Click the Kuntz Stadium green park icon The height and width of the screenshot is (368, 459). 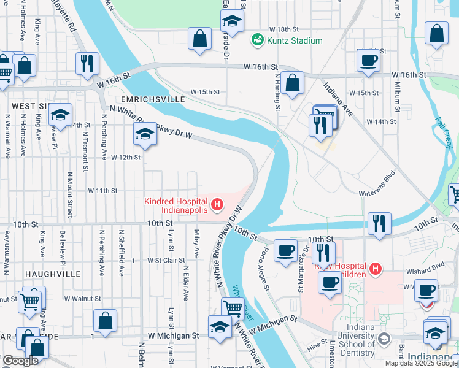(x=257, y=40)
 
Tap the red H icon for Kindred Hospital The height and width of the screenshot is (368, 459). (x=216, y=204)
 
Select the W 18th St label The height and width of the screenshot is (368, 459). (x=283, y=29)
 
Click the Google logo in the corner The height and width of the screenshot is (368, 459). (x=20, y=361)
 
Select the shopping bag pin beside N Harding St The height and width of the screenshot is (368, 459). (x=293, y=82)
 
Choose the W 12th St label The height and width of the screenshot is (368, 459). (x=126, y=158)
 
